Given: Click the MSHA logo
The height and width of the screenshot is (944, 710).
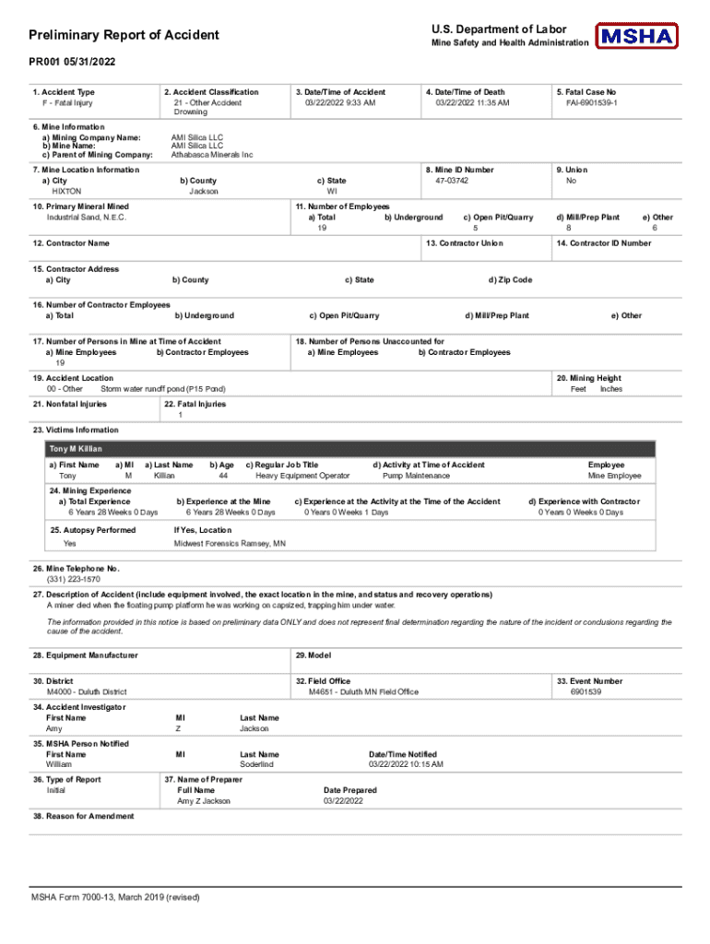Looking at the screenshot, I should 636,36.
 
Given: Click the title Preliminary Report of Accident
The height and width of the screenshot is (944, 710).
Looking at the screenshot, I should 124,35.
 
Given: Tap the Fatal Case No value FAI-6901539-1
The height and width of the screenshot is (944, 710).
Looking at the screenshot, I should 591,102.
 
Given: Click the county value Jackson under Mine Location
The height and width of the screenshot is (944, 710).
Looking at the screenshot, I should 204,191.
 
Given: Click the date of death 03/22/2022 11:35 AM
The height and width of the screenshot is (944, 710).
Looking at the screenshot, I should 472,102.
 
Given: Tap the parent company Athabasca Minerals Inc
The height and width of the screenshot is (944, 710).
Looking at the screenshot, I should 212,155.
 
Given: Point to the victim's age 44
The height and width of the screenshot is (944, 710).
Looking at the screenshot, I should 223,476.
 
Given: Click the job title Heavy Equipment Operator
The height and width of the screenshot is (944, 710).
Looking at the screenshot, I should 302,476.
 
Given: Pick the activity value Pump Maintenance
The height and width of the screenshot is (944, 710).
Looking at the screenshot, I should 416,476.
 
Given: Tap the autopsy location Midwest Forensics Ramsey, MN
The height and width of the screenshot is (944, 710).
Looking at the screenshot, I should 230,544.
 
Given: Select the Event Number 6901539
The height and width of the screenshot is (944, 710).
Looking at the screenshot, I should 586,691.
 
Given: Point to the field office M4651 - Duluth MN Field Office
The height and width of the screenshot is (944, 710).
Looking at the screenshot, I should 363,691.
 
